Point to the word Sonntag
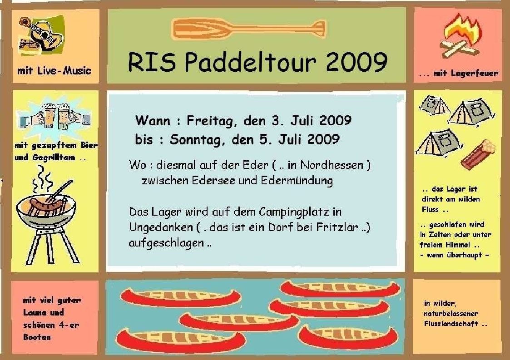click(196, 139)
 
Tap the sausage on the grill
click(45, 207)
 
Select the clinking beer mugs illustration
click(54, 119)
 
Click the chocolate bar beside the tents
click(478, 154)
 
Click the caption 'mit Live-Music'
click(54, 71)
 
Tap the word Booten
click(37, 337)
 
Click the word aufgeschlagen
click(166, 243)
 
